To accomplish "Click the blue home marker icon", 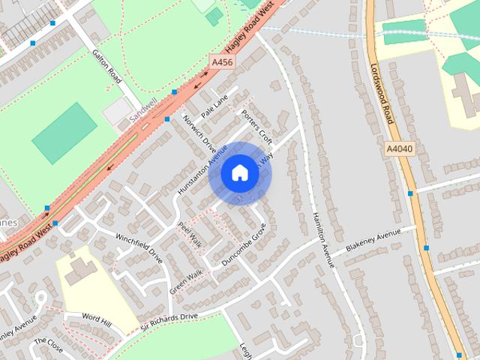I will click(x=239, y=173).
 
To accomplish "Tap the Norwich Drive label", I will click(x=199, y=136).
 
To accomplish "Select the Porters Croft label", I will click(x=256, y=127).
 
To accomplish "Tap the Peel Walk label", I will click(x=190, y=235).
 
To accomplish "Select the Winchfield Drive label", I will click(x=139, y=245).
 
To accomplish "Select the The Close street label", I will click(x=49, y=346).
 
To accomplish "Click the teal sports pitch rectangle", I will click(x=64, y=133).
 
